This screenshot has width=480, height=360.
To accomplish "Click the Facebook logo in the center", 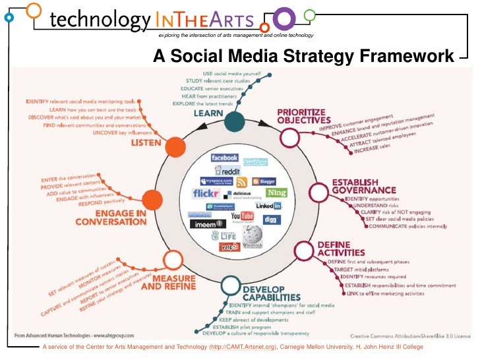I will [x=224, y=158].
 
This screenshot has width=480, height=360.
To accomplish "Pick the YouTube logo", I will [x=242, y=216].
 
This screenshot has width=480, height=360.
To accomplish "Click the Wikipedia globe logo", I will [x=252, y=235].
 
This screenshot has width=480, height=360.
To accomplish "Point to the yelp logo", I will [x=229, y=247].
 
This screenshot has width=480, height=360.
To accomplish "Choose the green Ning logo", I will [x=276, y=193].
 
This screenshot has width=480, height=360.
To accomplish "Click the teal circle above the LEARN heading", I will [x=233, y=122].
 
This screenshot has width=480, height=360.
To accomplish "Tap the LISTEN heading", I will [x=146, y=142].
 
